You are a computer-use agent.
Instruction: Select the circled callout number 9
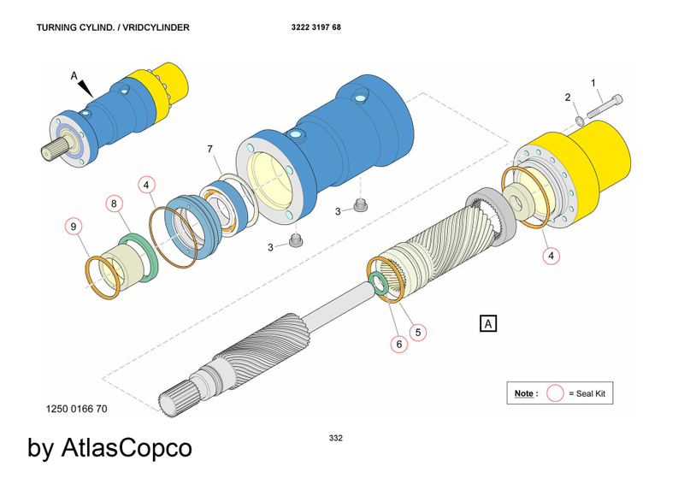(x=74, y=227)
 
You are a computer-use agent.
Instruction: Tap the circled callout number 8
(x=113, y=204)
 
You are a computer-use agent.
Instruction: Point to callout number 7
(x=209, y=150)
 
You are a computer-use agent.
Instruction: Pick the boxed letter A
(x=488, y=324)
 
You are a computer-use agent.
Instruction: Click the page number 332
(x=335, y=439)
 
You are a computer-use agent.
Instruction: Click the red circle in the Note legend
(x=555, y=393)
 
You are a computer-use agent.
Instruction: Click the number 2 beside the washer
(x=567, y=97)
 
